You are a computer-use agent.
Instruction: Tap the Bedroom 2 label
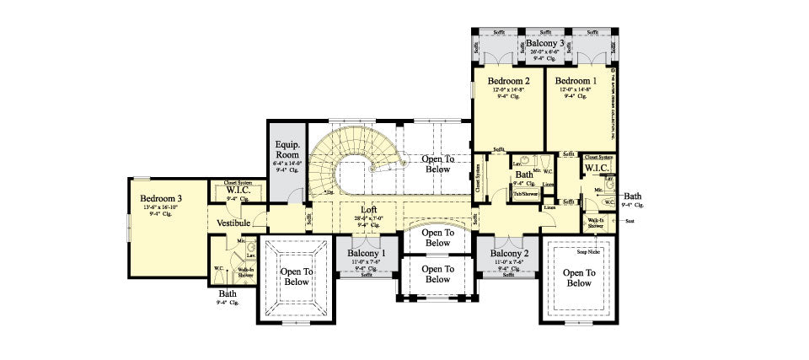pyautogui.click(x=509, y=81)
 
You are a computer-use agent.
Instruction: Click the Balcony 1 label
pyautogui.click(x=367, y=253)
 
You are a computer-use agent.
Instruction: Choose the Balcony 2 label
pyautogui.click(x=509, y=253)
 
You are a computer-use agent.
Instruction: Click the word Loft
pyautogui.click(x=368, y=209)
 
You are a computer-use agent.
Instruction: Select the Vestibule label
pyautogui.click(x=233, y=223)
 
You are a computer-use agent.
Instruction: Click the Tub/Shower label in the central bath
pyautogui.click(x=527, y=194)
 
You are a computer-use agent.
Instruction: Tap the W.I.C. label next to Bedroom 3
pyautogui.click(x=236, y=191)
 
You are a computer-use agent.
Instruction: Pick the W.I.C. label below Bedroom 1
pyautogui.click(x=597, y=168)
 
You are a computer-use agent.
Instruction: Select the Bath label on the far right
pyautogui.click(x=632, y=196)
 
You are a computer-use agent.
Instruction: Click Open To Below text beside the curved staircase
pyautogui.click(x=437, y=164)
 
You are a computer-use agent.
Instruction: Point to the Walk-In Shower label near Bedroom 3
pyautogui.click(x=246, y=271)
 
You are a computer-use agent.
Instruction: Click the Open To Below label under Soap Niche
pyautogui.click(x=579, y=277)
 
